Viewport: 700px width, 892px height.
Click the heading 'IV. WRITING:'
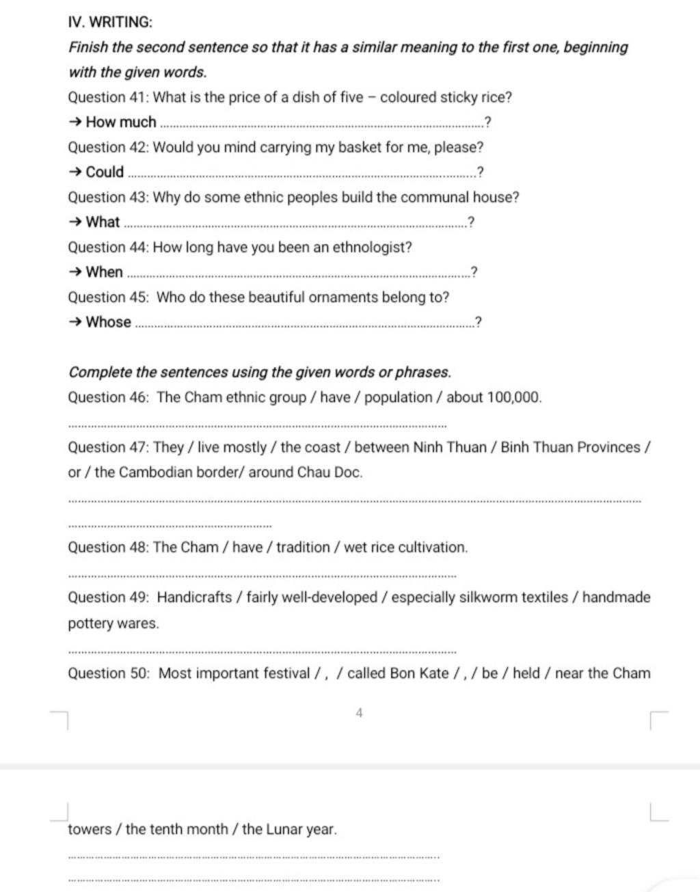pos(110,22)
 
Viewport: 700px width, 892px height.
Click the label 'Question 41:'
pos(108,97)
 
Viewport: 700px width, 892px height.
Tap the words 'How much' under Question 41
pos(121,122)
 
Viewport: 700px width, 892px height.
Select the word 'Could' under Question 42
pos(105,172)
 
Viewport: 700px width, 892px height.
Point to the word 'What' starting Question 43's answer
pos(103,222)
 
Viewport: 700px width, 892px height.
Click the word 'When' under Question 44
pos(104,272)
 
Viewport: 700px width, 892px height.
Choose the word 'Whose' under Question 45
pos(108,322)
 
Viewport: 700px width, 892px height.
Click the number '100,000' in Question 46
pos(513,397)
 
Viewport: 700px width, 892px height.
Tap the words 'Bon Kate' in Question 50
pos(419,673)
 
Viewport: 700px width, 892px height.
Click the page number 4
pos(359,714)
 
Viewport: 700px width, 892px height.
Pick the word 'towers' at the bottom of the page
pos(90,830)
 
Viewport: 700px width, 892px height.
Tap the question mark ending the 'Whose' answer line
pos(478,322)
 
